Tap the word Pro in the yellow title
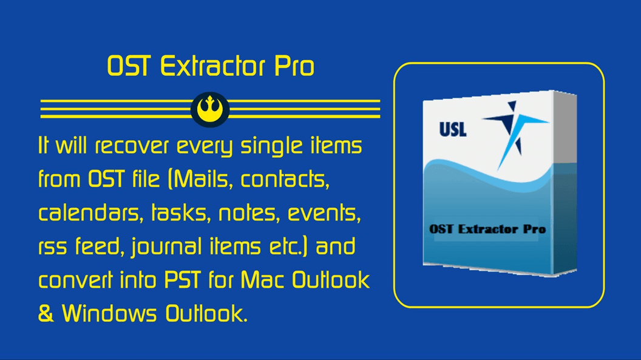click(294, 66)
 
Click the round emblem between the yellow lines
click(210, 109)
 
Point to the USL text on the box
click(453, 129)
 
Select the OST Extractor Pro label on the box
click(487, 229)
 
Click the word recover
click(132, 146)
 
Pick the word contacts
click(285, 179)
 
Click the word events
click(324, 213)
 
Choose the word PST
click(182, 280)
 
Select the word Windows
click(109, 313)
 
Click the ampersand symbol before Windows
click(46, 313)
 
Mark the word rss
click(53, 248)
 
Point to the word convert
click(76, 280)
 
